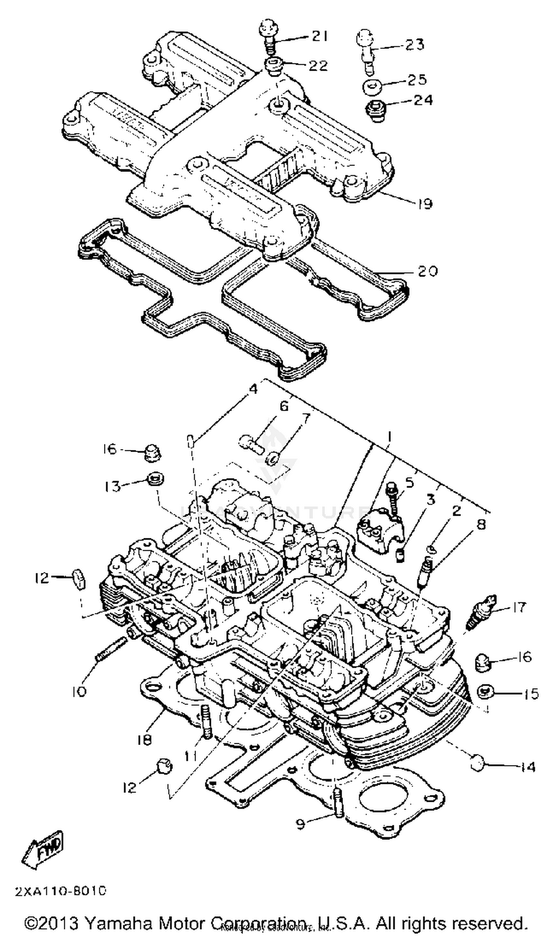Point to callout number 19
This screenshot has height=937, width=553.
[x=423, y=204]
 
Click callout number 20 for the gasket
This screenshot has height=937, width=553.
[x=427, y=271]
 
